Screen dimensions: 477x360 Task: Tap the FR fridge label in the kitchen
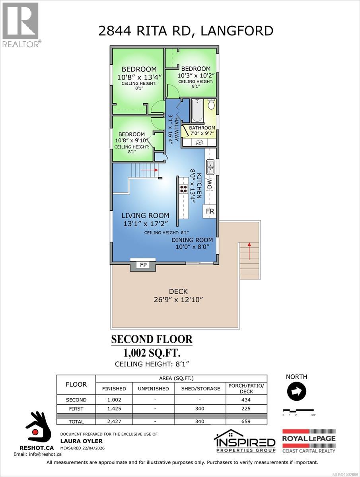[210, 211]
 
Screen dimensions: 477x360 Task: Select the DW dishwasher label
[210, 183]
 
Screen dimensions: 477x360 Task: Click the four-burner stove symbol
[183, 189]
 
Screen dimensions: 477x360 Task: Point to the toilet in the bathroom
[211, 105]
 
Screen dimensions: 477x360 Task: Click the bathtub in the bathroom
[197, 111]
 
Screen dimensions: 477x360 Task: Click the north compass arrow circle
[296, 392]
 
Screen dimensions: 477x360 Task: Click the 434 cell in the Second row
[246, 400]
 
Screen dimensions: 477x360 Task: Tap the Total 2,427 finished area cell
[114, 421]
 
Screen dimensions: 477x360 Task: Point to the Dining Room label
[192, 240]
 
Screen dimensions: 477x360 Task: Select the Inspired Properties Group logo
[244, 441]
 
